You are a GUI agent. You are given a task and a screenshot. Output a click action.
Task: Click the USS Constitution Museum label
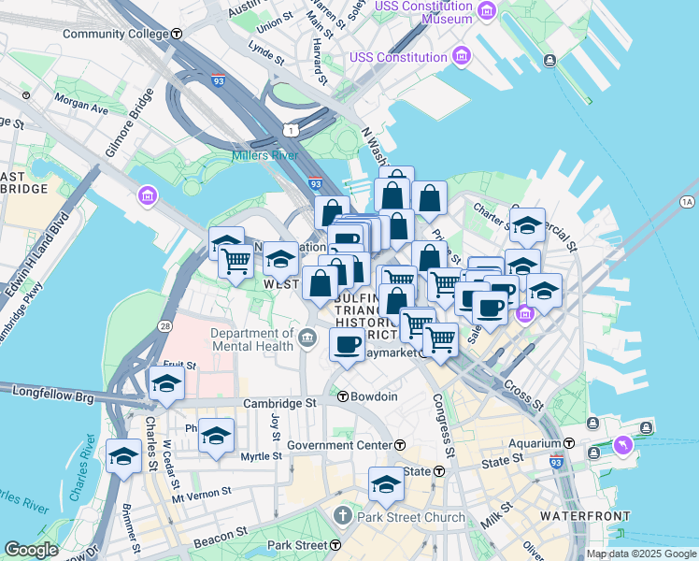coord(422,12)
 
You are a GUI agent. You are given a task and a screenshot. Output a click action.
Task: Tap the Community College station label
coord(116,34)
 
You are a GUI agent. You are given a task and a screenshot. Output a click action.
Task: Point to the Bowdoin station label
coord(374,396)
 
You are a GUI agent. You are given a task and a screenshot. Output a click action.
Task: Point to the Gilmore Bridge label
coord(128,119)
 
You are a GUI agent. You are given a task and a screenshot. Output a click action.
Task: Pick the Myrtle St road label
coord(262,456)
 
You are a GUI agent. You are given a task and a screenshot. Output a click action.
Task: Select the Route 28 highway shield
coord(164,325)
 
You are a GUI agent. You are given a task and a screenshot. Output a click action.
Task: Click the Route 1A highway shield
coord(688,201)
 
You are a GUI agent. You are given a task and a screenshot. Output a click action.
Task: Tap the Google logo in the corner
coord(31,550)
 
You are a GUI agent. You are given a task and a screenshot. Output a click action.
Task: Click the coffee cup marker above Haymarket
coord(348,345)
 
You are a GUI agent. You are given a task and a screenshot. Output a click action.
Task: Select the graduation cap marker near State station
coord(385,483)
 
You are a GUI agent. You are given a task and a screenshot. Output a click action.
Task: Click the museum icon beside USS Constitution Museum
coord(486,12)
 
